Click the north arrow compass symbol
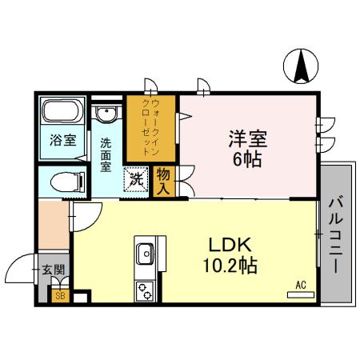[302, 66]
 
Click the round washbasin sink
[104, 116]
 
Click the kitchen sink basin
[146, 254]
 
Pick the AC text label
[301, 283]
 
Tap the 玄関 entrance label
[53, 270]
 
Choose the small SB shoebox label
[59, 296]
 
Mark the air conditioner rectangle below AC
[300, 295]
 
